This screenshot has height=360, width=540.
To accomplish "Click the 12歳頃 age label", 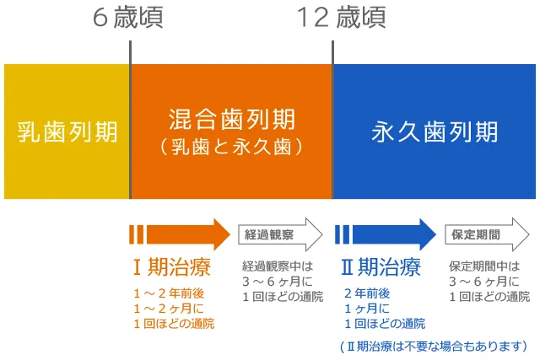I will point(340,18).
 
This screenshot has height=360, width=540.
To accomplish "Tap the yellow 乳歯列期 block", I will point(67,132).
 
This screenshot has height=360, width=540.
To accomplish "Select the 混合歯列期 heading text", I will point(232,118).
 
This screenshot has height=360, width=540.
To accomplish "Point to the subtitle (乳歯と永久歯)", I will point(232,147).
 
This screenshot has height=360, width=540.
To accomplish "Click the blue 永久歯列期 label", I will point(435,132).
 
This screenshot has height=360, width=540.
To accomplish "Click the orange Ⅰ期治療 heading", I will point(172,268).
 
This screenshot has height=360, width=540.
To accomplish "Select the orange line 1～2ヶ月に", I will point(167,309).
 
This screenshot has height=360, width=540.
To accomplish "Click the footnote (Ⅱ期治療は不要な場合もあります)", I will point(433,346).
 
